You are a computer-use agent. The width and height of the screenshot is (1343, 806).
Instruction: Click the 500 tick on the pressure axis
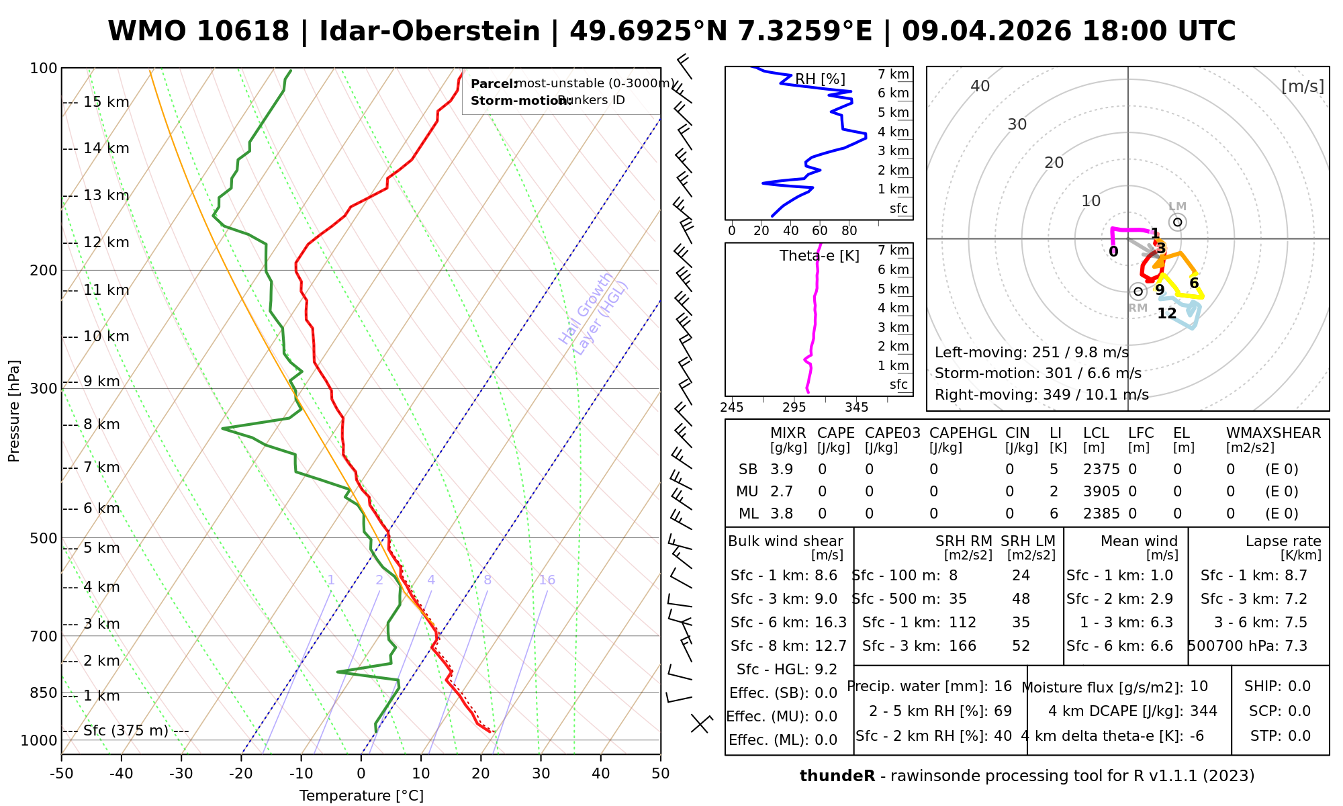tap(44, 539)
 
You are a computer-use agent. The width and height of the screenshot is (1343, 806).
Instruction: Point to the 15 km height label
tap(106, 102)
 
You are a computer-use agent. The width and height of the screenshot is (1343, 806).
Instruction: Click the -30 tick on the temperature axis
tap(181, 774)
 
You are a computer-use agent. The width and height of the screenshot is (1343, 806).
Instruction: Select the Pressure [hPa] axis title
tap(14, 411)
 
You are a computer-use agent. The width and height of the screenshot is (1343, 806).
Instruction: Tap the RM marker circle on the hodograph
tap(1138, 291)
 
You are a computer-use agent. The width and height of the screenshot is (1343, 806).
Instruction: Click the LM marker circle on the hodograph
tap(1177, 222)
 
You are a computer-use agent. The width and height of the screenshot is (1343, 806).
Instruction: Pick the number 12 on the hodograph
tap(1167, 314)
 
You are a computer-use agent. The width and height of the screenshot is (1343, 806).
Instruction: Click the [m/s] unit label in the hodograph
tap(1303, 86)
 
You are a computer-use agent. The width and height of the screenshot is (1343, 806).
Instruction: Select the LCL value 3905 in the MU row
tap(1101, 492)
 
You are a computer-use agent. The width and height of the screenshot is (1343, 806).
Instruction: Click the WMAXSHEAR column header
tap(1273, 433)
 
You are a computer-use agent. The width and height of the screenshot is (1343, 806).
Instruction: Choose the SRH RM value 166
tap(962, 646)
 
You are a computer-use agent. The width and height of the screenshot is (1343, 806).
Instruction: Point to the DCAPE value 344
tap(1203, 711)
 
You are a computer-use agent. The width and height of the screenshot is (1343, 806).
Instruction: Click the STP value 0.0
tap(1299, 736)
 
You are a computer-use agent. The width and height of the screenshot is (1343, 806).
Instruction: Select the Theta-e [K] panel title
tap(819, 256)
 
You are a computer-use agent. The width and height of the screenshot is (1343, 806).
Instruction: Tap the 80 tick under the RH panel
tap(849, 231)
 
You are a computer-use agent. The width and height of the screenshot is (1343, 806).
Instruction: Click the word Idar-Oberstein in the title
tap(430, 32)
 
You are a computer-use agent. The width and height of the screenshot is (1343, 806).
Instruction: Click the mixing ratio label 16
tap(547, 580)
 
